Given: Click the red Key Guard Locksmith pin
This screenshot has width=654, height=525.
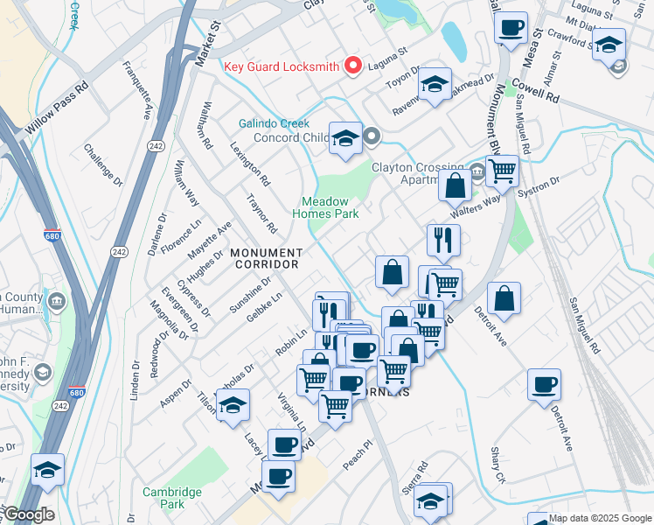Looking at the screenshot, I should pyautogui.click(x=353, y=66).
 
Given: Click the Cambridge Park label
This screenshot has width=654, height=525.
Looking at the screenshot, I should pyautogui.click(x=173, y=498).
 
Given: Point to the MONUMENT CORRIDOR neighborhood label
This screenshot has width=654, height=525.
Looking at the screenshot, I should pyautogui.click(x=265, y=257).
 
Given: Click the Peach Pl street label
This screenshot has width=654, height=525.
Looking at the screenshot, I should pyautogui.click(x=357, y=455).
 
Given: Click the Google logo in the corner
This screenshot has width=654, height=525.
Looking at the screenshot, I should pyautogui.click(x=28, y=515).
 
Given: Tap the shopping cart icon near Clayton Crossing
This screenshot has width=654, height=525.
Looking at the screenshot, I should pyautogui.click(x=502, y=170).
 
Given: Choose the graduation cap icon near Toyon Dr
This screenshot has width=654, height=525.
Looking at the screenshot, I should pyautogui.click(x=433, y=85).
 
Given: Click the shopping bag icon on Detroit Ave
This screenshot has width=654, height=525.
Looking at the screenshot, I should pyautogui.click(x=504, y=299).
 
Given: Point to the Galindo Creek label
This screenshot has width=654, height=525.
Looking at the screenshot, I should pyautogui.click(x=270, y=123).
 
